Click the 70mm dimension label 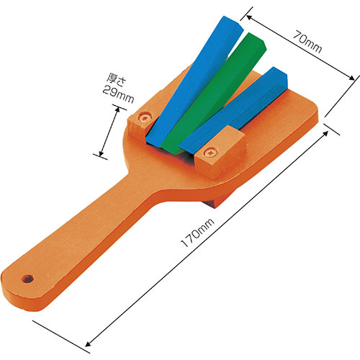click(x=307, y=41)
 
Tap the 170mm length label click(x=197, y=233)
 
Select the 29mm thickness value click(x=118, y=94)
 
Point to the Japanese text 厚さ click(x=116, y=79)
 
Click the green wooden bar click(x=214, y=94)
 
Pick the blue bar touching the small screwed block click(x=194, y=81)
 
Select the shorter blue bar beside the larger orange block click(x=233, y=110)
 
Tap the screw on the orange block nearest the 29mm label click(x=145, y=117)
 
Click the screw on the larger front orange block click(x=210, y=153)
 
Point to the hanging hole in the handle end click(x=27, y=279)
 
